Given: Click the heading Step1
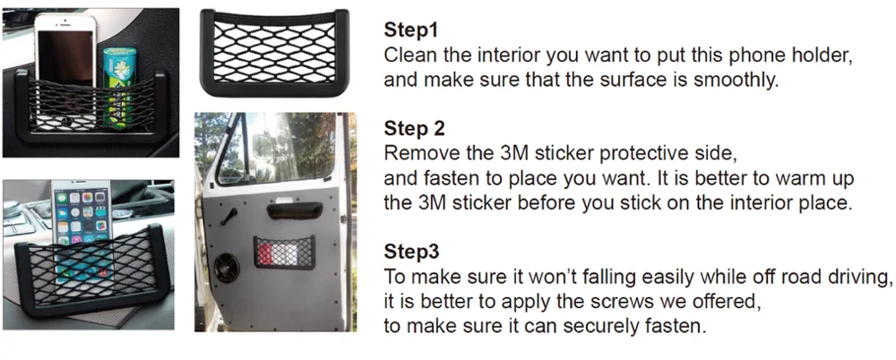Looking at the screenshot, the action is pyautogui.click(x=411, y=30).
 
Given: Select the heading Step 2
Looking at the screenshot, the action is pyautogui.click(x=414, y=129).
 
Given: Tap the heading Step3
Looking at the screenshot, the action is pyautogui.click(x=411, y=252).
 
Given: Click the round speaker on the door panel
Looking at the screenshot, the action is pyautogui.click(x=228, y=268).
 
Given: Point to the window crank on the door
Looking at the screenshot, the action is pyautogui.click(x=231, y=216).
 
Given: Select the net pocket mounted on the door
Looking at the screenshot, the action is pyautogui.click(x=284, y=252).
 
